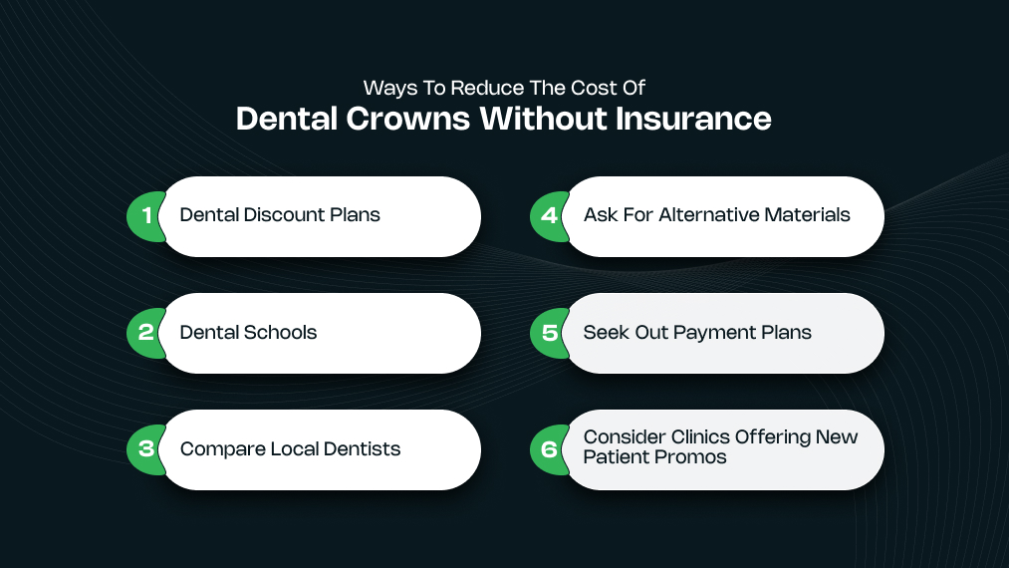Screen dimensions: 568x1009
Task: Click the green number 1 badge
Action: [x=144, y=216]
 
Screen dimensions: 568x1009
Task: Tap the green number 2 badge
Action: [x=144, y=333]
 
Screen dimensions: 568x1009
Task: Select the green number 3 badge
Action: [x=144, y=449]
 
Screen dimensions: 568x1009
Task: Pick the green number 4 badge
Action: [x=548, y=216]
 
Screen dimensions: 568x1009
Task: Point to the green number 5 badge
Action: [x=548, y=333]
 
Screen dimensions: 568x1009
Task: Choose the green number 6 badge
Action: [x=548, y=449]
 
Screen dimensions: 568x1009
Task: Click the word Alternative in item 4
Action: [x=713, y=215]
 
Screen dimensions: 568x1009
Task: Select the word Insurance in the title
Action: [x=693, y=120]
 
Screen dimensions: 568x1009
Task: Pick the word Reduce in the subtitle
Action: [x=467, y=88]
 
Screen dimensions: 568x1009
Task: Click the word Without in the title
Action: [x=543, y=120]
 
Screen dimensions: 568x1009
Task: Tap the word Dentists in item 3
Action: [x=362, y=449]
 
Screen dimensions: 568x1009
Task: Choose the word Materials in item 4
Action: [x=809, y=215]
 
